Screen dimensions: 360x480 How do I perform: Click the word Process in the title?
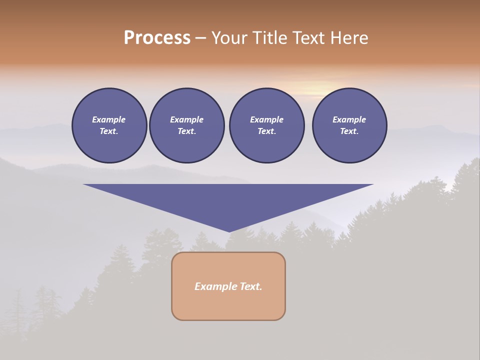(157, 38)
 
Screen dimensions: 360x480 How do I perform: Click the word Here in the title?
(349, 38)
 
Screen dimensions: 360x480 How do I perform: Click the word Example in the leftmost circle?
(109, 119)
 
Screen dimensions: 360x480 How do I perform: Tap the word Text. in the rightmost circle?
(349, 131)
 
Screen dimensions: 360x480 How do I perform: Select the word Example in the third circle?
(266, 119)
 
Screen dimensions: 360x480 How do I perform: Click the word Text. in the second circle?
(187, 131)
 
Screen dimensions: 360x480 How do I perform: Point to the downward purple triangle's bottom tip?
(229, 230)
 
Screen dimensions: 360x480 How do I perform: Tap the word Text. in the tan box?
(250, 286)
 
